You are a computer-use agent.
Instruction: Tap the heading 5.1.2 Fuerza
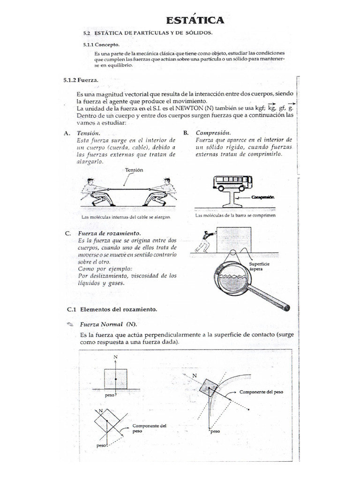click(80, 81)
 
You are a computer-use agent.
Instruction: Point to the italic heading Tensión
click(89, 133)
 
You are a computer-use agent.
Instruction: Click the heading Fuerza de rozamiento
click(110, 233)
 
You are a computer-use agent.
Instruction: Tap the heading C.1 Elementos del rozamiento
click(112, 310)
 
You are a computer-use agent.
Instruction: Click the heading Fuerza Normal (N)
click(108, 324)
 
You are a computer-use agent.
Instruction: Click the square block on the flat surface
click(115, 379)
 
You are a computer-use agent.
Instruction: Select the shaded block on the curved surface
click(208, 387)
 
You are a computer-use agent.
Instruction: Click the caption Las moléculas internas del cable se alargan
click(125, 217)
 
